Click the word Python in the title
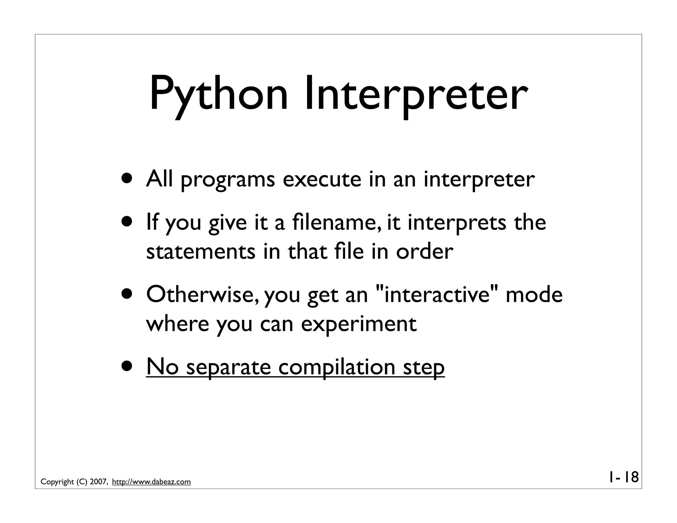coord(219,94)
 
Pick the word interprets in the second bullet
coord(457,222)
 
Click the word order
coord(424,251)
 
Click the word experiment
coord(358,324)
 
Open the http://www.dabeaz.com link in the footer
coord(151,482)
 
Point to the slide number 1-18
coord(623,477)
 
